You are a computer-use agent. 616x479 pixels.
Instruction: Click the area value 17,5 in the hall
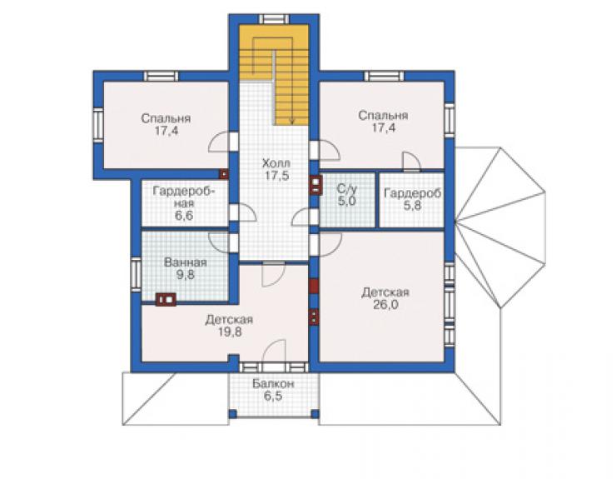pos(276,176)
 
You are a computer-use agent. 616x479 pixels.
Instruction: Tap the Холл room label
pos(276,162)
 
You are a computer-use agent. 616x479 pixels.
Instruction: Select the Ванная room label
pos(185,262)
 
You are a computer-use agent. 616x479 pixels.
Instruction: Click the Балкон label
pos(273,383)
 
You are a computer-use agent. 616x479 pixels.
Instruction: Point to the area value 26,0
pos(385,304)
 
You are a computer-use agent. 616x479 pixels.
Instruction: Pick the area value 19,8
pos(231,332)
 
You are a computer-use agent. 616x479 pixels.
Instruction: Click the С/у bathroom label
pos(347,189)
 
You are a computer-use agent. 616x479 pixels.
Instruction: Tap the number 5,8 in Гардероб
pos(413,205)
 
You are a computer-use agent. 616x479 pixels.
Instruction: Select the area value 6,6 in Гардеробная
pos(184,216)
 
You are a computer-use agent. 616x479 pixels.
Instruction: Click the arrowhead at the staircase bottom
pos(292,122)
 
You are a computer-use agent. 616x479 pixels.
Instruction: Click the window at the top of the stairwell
pos(275,19)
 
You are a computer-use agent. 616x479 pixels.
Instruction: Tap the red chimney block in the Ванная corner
pos(166,299)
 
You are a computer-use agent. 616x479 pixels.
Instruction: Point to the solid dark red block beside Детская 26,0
pos(314,287)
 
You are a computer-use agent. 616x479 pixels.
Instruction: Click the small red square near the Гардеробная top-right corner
pos(224,174)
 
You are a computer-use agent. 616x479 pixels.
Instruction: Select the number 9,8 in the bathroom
pos(185,275)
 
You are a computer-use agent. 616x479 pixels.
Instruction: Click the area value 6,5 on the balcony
pos(273,396)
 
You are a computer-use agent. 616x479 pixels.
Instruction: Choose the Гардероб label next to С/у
pos(413,193)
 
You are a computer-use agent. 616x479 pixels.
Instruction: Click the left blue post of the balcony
pos(232,414)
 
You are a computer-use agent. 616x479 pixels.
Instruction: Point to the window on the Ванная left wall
pos(136,274)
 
